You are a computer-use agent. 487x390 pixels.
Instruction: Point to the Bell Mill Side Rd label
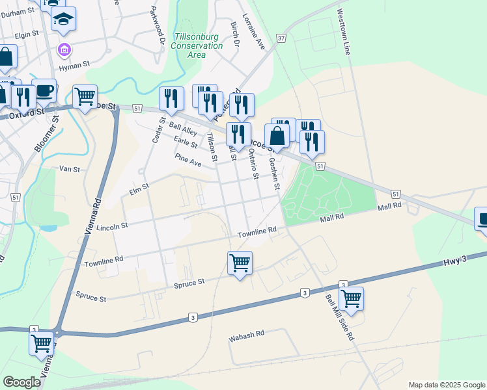(339, 318)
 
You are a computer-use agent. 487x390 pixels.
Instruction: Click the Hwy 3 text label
(455, 260)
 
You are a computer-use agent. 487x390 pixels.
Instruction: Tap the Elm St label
(140, 186)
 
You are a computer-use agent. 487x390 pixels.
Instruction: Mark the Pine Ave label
(188, 159)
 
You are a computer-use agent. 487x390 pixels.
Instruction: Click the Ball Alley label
(183, 127)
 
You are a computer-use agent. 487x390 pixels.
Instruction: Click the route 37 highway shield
(281, 38)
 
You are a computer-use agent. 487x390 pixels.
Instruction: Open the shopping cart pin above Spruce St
(240, 263)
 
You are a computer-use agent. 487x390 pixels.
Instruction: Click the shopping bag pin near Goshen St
(277, 136)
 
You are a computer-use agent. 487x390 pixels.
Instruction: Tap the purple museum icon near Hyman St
(64, 49)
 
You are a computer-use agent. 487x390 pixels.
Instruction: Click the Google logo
(22, 382)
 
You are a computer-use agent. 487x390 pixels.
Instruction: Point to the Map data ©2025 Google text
(446, 385)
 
